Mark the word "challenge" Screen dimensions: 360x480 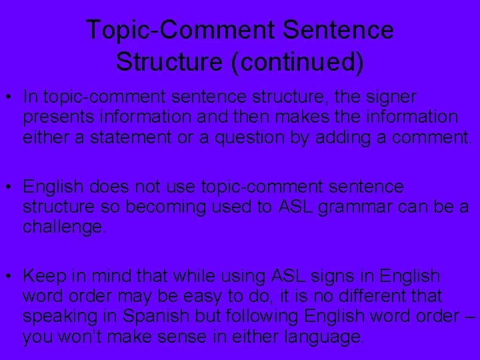tap(63, 227)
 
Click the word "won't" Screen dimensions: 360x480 tap(76, 337)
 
